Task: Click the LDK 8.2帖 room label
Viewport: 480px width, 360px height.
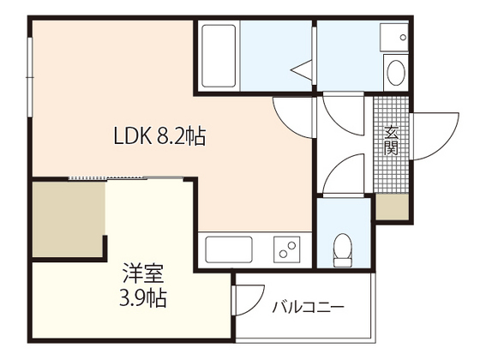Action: (159, 135)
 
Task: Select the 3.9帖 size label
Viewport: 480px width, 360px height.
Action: (143, 298)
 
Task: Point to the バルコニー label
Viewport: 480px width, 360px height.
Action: (308, 307)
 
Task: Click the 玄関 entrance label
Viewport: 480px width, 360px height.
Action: (391, 141)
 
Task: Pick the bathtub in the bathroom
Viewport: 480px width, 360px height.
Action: (219, 56)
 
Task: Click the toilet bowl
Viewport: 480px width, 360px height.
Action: (343, 249)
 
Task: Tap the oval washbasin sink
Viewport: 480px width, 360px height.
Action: (396, 73)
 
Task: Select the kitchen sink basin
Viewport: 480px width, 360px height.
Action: (229, 249)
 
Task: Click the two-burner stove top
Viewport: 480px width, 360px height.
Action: (287, 249)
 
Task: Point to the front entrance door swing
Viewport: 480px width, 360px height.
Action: (436, 136)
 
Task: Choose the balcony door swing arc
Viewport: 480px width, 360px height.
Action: (249, 300)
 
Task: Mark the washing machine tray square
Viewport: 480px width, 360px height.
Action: (394, 37)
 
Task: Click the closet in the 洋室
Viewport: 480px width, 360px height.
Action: (69, 219)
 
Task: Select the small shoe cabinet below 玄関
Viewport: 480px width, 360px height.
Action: (393, 207)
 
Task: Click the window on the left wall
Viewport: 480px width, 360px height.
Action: (30, 76)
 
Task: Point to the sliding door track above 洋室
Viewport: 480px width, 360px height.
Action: (125, 177)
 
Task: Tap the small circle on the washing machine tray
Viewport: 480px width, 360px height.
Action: (403, 38)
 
